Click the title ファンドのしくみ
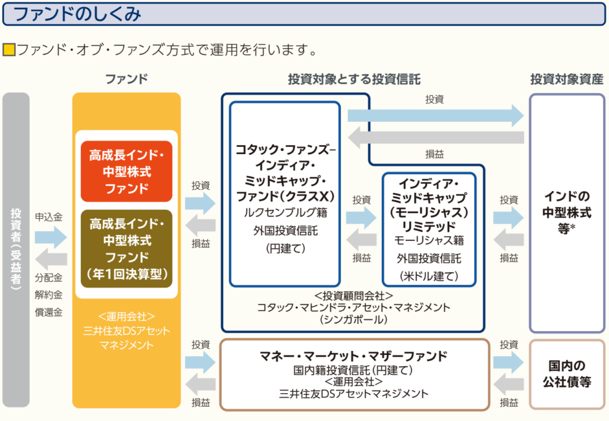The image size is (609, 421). coord(77,14)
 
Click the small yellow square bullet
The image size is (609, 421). coord(9,50)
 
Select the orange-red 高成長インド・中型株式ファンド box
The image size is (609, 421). coord(127,171)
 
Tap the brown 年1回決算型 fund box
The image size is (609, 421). coord(127,249)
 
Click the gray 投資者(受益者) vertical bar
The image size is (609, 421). coord(16,250)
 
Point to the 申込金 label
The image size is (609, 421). coord(49,217)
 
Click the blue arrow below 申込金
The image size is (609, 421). coord(51,237)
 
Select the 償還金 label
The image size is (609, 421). coord(49,312)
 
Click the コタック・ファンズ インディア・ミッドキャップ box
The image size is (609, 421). coord(285,194)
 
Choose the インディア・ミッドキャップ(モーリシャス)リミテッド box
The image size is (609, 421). coord(429,230)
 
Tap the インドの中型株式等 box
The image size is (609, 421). coord(567,213)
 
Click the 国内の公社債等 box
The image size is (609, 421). coord(567,374)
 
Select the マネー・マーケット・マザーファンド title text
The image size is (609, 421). coord(353,356)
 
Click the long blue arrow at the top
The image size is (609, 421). coord(436,115)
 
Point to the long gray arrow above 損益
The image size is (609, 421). coord(436,137)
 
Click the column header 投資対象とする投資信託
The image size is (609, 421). coord(354,79)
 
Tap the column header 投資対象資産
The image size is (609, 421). coord(567,79)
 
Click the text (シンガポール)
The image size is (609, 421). coord(353,320)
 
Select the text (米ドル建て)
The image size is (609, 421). coord(429,276)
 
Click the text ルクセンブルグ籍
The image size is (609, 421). coord(285,212)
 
